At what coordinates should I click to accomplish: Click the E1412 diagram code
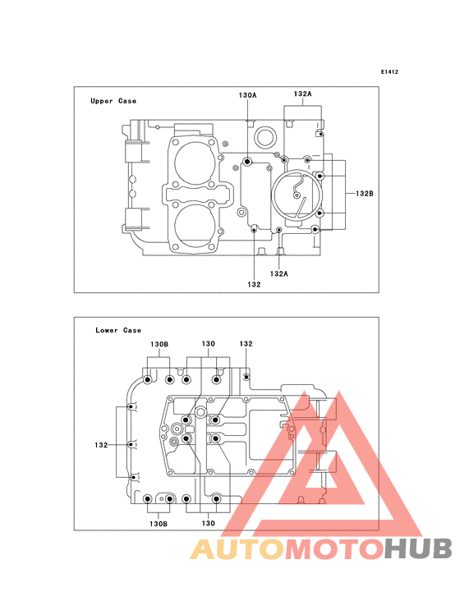pyautogui.click(x=389, y=71)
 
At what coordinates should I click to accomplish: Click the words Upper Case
pyautogui.click(x=113, y=101)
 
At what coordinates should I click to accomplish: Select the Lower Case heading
pyautogui.click(x=118, y=330)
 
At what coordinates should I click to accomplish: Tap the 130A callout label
pyautogui.click(x=247, y=95)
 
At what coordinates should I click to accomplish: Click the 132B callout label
pyautogui.click(x=364, y=194)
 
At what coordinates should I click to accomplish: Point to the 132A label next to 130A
pyautogui.click(x=303, y=94)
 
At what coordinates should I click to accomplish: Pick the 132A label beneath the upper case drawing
pyautogui.click(x=278, y=273)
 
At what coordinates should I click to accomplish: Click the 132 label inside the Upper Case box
pyautogui.click(x=254, y=284)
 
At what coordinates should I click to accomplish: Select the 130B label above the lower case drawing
pyautogui.click(x=159, y=344)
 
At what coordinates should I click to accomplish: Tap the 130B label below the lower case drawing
pyautogui.click(x=159, y=524)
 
